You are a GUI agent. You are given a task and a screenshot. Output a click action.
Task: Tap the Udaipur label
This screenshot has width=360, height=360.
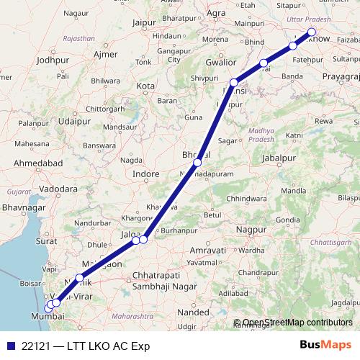click(x=76, y=122)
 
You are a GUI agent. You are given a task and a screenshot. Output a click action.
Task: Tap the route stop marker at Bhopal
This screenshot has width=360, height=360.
click(x=197, y=163)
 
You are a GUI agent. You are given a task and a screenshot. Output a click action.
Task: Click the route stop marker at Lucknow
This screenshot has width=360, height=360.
click(x=312, y=32)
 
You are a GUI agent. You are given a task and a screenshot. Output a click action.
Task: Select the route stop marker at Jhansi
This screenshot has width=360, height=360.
click(x=233, y=83)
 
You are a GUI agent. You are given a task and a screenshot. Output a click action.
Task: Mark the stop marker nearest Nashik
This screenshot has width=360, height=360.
click(x=79, y=277)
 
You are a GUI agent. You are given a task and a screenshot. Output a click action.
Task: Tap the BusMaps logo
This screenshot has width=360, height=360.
click(x=325, y=345)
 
